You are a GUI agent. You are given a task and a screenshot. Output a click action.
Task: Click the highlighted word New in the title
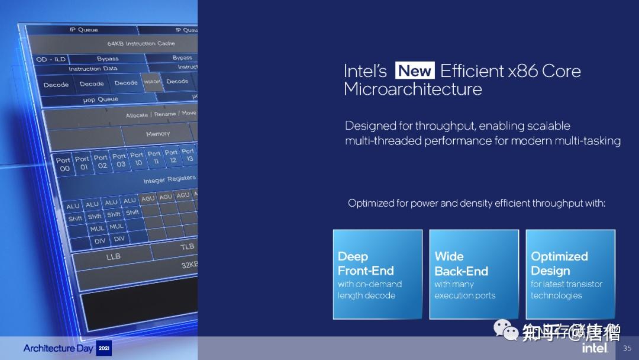415,71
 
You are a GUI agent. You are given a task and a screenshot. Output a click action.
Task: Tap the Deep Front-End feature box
377,274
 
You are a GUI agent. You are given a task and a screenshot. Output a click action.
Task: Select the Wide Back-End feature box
474,274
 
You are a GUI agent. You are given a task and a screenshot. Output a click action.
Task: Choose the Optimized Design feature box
570,274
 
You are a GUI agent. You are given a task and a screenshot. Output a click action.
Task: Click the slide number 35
627,348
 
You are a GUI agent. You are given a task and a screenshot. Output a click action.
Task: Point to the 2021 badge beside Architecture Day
104,348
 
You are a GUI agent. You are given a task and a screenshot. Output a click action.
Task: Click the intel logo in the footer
595,348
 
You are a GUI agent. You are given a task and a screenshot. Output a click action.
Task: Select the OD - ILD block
51,59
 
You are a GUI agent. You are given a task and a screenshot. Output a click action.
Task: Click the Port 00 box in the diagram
63,164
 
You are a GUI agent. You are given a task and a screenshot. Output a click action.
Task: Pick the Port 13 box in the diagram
189,155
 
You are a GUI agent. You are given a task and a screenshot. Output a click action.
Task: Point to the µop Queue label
101,99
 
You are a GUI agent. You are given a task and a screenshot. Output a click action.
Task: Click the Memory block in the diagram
158,134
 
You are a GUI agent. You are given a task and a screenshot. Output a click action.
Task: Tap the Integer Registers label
169,179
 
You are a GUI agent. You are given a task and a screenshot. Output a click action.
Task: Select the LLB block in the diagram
113,257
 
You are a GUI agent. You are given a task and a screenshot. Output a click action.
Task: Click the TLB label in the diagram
187,246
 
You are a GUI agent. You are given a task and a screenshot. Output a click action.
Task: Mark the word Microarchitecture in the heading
412,89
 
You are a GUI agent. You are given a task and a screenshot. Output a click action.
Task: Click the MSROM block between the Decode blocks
152,82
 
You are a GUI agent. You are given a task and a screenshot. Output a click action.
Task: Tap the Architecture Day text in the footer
58,348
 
